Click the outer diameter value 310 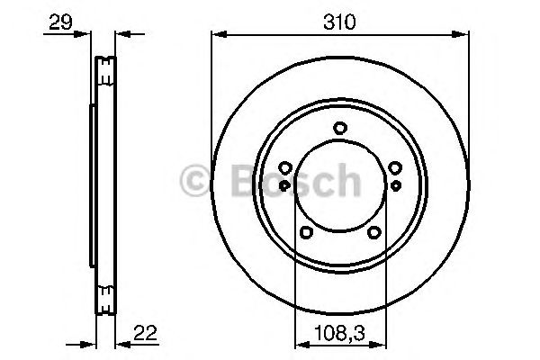339,21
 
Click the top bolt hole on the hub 339,128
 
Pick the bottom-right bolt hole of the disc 374,233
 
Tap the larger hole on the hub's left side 284,168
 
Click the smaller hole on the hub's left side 284,184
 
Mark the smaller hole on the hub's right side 395,184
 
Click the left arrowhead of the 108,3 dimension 301,343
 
